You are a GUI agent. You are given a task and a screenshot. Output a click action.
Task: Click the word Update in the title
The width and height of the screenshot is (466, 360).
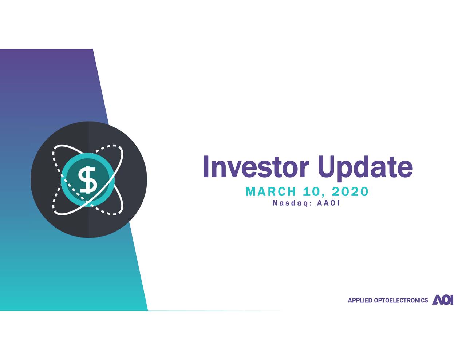[x=365, y=167]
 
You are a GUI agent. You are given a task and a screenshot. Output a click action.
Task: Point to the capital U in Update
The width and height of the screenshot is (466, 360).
[x=326, y=167]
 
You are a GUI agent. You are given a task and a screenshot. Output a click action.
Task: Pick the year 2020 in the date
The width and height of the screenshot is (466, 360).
[x=350, y=191]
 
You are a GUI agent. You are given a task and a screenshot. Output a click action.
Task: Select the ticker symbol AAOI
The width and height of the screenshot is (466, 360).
[x=328, y=203]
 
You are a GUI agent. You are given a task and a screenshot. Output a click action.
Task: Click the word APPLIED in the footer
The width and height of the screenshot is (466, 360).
[x=360, y=300]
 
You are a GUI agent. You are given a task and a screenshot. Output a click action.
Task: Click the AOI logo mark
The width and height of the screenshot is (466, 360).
[x=443, y=300]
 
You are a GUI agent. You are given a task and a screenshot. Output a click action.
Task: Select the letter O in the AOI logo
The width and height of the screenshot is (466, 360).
[x=445, y=300]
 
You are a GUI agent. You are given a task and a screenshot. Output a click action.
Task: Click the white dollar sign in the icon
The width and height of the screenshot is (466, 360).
[x=88, y=179]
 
